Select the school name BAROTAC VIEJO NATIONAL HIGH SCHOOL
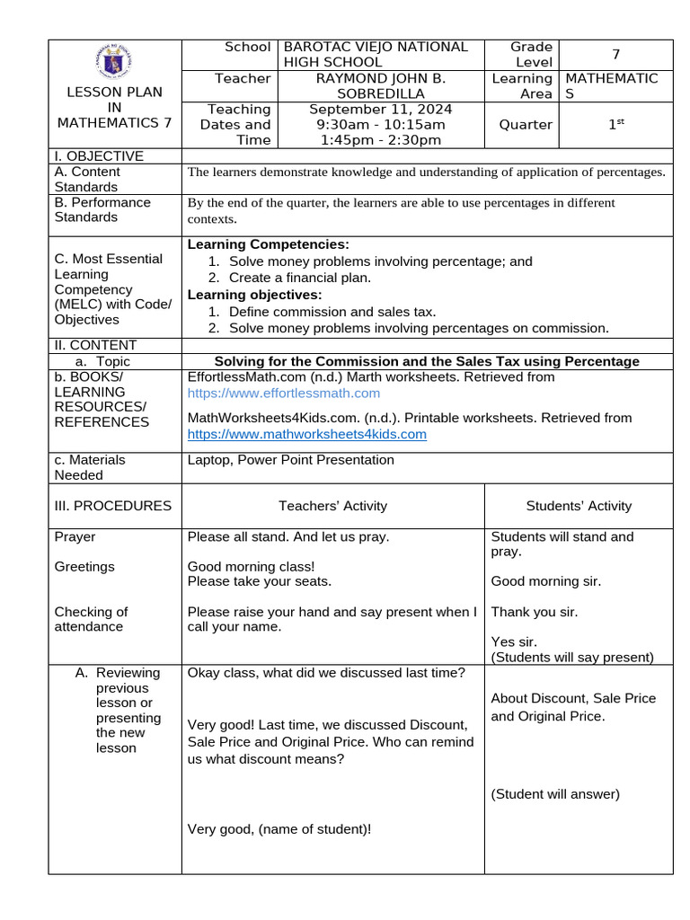(376, 54)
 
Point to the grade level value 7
(615, 54)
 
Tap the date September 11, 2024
(381, 109)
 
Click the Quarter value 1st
(615, 125)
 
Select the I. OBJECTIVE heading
(99, 156)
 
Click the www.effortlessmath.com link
(283, 394)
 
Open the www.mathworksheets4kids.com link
(306, 435)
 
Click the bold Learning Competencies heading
(268, 244)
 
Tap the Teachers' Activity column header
(332, 506)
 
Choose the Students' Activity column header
(579, 506)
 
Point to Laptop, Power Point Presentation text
(290, 460)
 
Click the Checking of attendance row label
(92, 619)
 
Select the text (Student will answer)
(555, 794)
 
